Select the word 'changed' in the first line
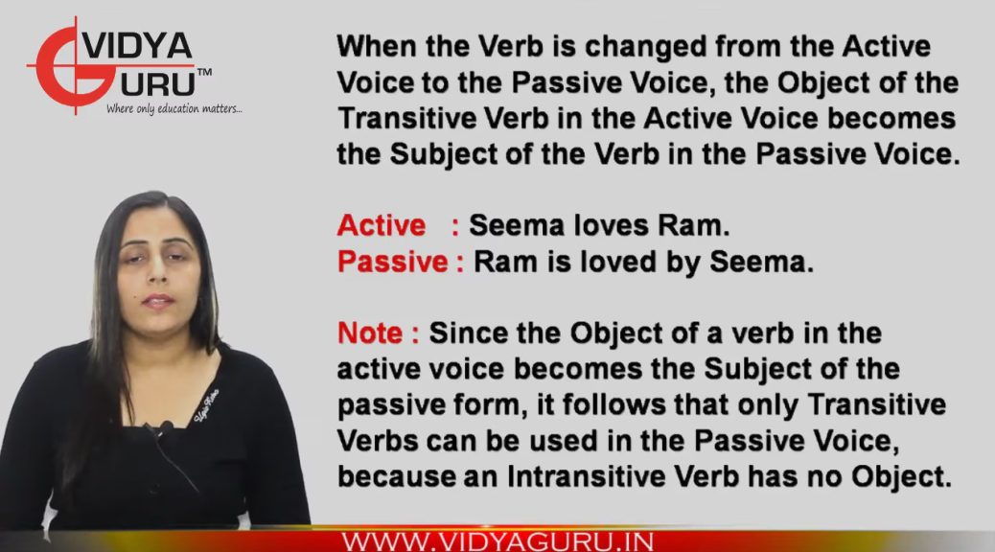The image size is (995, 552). pyautogui.click(x=645, y=46)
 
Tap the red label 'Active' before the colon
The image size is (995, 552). pyautogui.click(x=381, y=225)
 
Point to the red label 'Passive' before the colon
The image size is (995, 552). pyautogui.click(x=392, y=262)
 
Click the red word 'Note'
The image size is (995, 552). pyautogui.click(x=369, y=333)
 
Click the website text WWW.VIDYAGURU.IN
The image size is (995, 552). pyautogui.click(x=497, y=542)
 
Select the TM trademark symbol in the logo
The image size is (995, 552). pyautogui.click(x=204, y=73)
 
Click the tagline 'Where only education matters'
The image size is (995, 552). pyautogui.click(x=174, y=109)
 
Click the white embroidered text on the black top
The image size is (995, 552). pyautogui.click(x=207, y=406)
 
